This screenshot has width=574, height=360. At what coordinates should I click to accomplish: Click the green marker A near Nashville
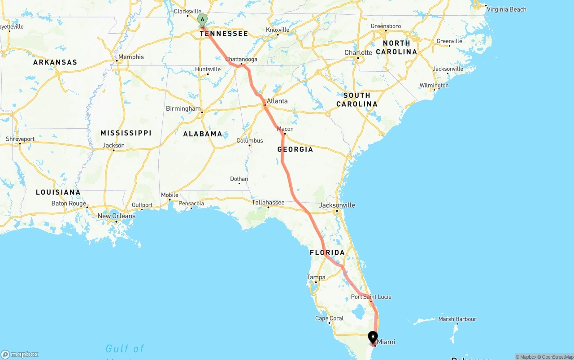pyautogui.click(x=202, y=20)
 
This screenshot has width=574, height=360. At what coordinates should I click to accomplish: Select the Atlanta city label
pyautogui.click(x=277, y=101)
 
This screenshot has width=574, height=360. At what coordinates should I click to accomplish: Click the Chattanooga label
pyautogui.click(x=241, y=59)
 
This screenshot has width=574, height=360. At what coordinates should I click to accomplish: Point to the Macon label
pyautogui.click(x=285, y=129)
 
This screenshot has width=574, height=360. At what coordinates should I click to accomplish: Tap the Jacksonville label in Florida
pyautogui.click(x=337, y=205)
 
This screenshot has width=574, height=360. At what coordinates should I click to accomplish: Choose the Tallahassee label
pyautogui.click(x=268, y=202)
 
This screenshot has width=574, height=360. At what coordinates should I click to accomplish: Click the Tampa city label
pyautogui.click(x=316, y=277)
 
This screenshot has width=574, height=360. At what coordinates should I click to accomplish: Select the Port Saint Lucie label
pyautogui.click(x=371, y=297)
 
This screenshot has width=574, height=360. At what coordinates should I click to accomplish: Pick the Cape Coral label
pyautogui.click(x=330, y=318)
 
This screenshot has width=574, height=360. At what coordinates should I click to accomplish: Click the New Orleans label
pyautogui.click(x=116, y=216)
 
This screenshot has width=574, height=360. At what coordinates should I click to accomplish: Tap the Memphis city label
pyautogui.click(x=131, y=57)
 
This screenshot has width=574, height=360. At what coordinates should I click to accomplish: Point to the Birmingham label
pyautogui.click(x=183, y=108)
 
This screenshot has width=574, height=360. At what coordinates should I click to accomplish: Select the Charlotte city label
pyautogui.click(x=358, y=52)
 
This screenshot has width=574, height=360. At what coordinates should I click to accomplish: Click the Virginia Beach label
pyautogui.click(x=507, y=9)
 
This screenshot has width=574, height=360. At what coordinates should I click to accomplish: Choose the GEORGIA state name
pyautogui.click(x=295, y=149)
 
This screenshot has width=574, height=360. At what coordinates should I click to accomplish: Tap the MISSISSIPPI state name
pyautogui.click(x=126, y=133)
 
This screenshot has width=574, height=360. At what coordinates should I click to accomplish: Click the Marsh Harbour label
pyautogui.click(x=457, y=319)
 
